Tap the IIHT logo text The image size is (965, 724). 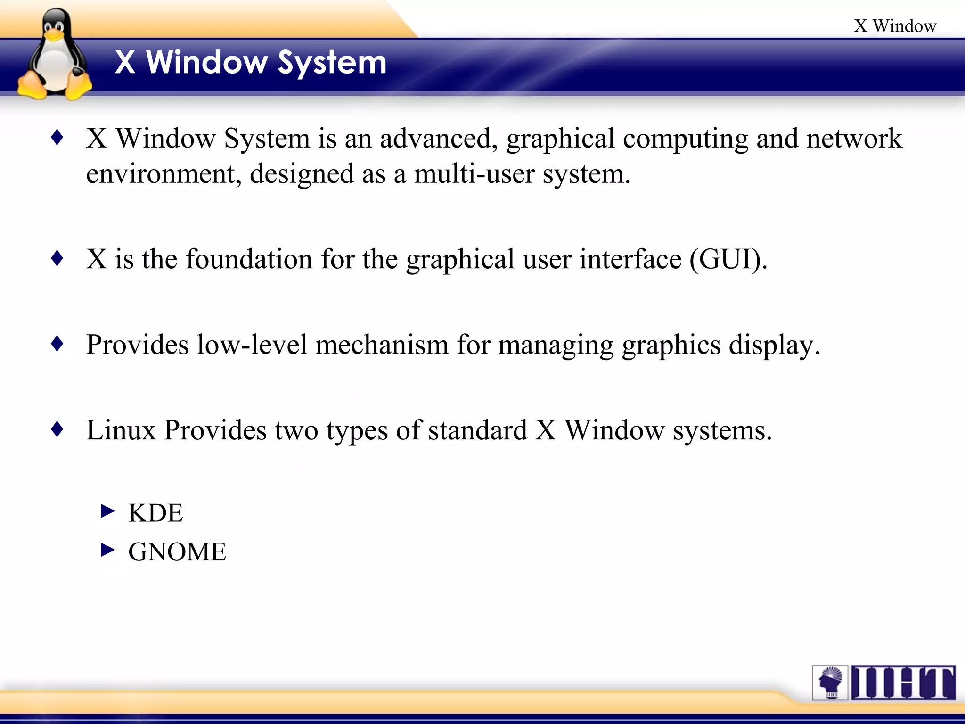903,683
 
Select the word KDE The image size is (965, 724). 155,513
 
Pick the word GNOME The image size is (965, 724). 177,552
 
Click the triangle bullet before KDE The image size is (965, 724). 108,511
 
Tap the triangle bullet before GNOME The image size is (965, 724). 108,550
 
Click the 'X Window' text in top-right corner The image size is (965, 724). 895,26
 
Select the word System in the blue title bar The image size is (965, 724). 332,63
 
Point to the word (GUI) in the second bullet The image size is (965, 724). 728,259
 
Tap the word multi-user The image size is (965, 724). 474,174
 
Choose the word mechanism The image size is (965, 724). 382,345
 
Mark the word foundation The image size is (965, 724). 249,259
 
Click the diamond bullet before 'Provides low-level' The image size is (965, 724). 57,344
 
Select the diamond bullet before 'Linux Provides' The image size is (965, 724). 57,429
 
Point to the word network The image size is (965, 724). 854,139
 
